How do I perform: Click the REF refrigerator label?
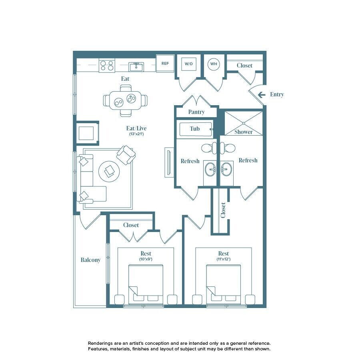(x=165, y=63)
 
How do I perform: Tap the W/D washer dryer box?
(x=189, y=64)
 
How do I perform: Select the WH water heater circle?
(x=214, y=64)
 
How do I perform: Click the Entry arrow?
(x=262, y=94)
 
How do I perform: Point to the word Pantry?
(x=196, y=112)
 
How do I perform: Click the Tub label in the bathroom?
(x=195, y=128)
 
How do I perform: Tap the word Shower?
(x=243, y=132)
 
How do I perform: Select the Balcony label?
(x=90, y=260)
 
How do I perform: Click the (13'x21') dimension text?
(x=136, y=134)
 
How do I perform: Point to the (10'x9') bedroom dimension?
(x=146, y=259)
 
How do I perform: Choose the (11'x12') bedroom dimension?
(x=224, y=259)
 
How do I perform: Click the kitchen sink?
(x=136, y=67)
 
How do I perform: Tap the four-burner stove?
(x=107, y=65)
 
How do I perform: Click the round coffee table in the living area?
(x=109, y=171)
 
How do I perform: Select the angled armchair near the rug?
(x=126, y=155)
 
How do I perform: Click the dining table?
(x=125, y=100)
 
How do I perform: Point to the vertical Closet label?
(x=223, y=210)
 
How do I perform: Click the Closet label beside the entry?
(x=244, y=66)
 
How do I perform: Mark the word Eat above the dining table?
(x=125, y=79)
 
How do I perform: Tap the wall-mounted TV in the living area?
(x=169, y=162)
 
